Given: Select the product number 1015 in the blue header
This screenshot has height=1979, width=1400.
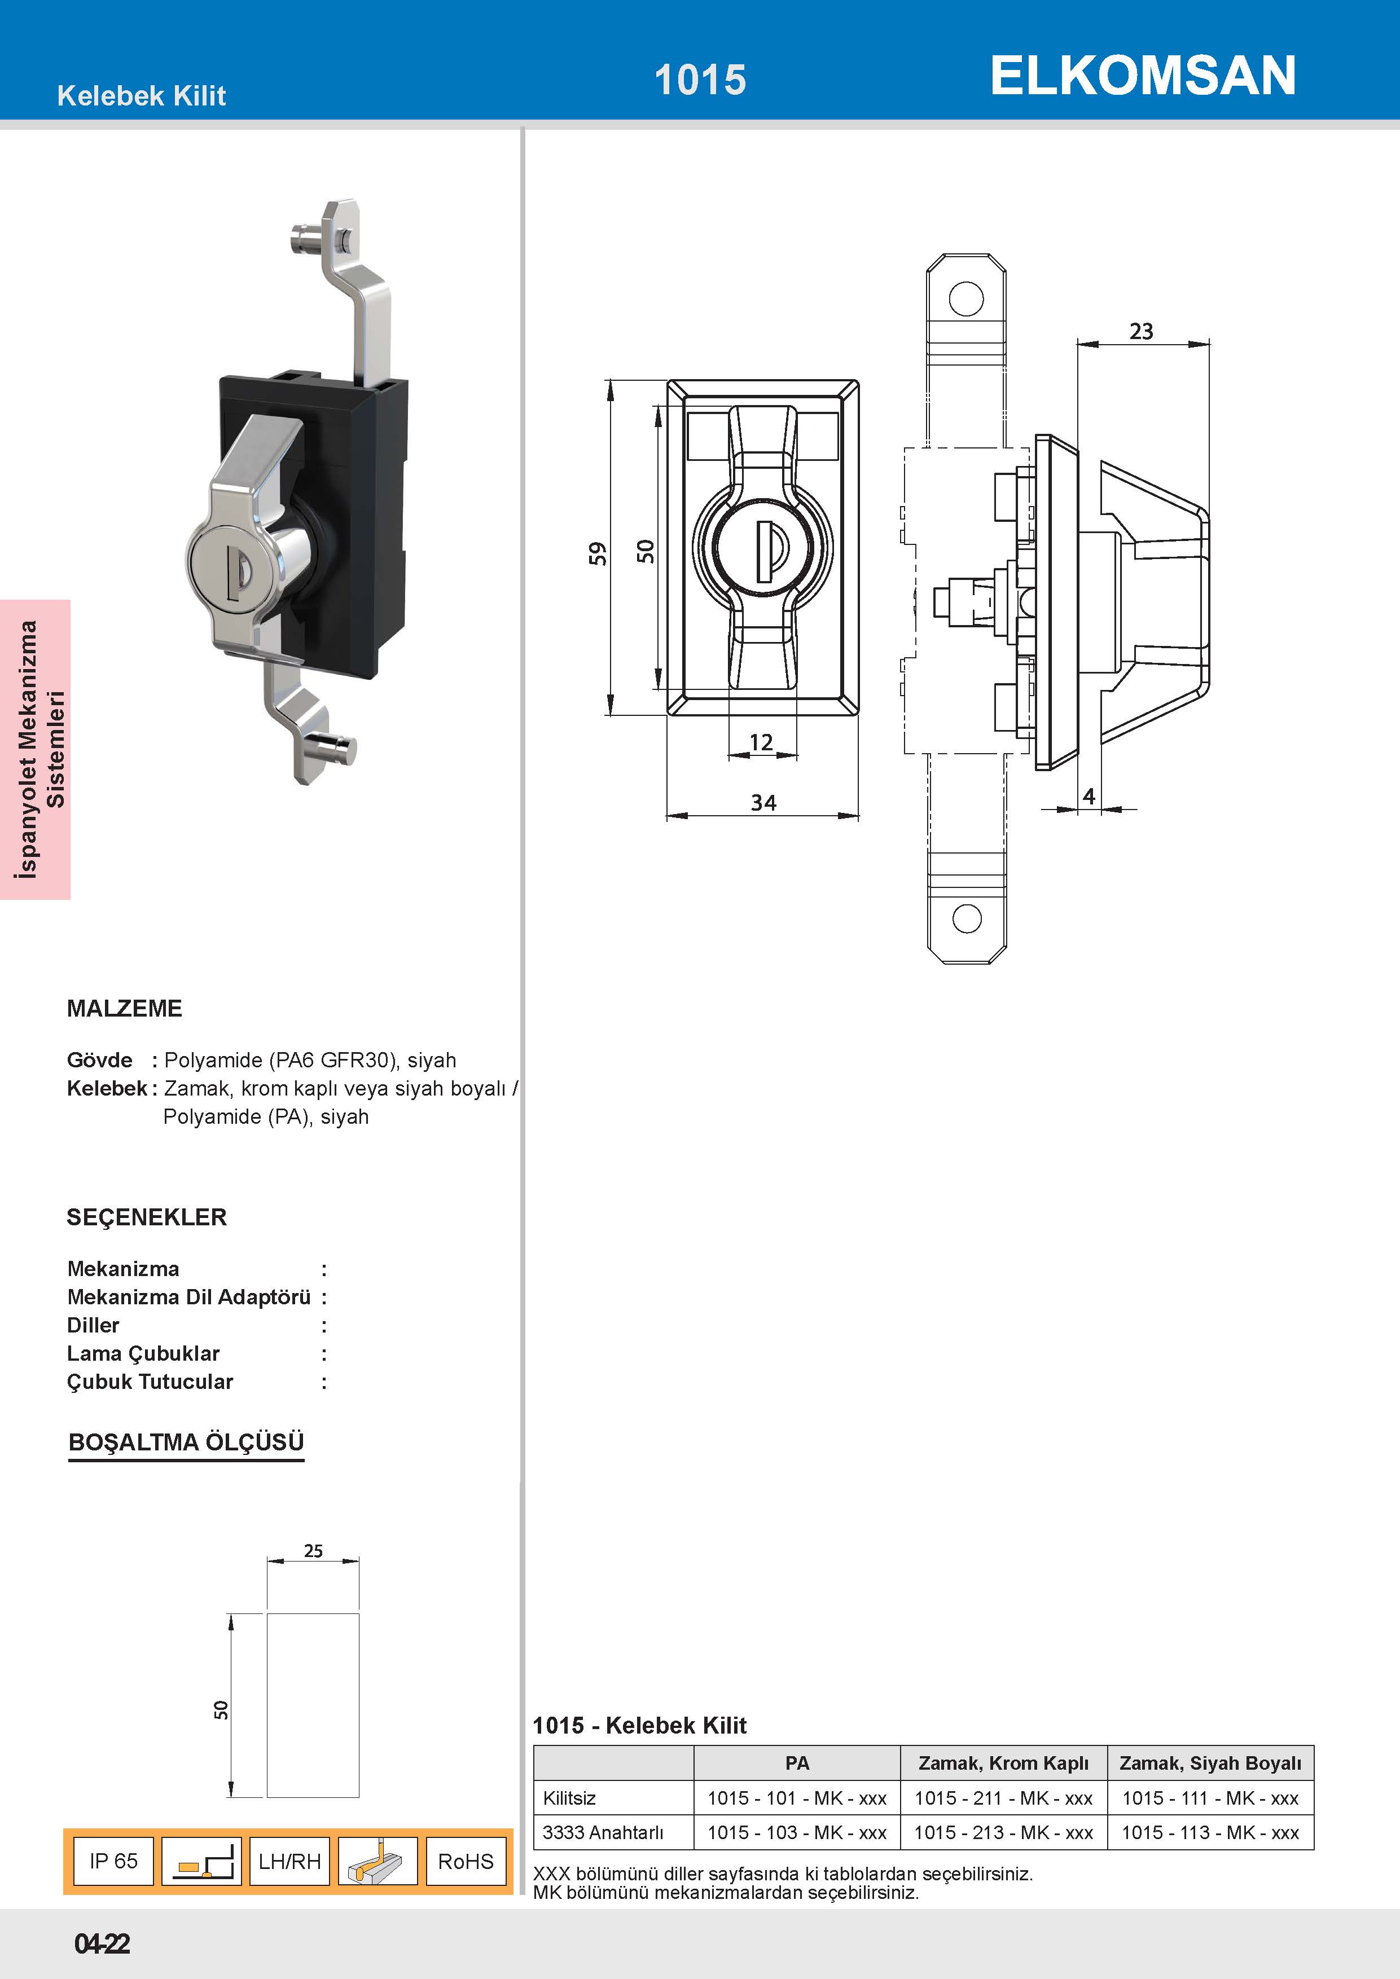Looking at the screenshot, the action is tap(700, 80).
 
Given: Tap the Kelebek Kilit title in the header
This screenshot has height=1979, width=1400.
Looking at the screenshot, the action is tap(142, 96).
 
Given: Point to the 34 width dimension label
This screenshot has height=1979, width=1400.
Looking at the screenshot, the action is tap(763, 802).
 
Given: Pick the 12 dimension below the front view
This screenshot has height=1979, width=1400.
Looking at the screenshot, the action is tap(761, 742).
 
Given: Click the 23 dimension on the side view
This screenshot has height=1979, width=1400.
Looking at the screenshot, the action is tap(1142, 331).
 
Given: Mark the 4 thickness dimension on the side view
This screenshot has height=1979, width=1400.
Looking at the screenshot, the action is tap(1089, 797).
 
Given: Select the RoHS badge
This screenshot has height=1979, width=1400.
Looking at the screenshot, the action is tap(466, 1861).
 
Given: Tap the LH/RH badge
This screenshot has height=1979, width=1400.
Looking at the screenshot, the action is tap(289, 1861).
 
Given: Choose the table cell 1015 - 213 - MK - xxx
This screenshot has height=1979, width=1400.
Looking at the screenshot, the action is tap(1003, 1832).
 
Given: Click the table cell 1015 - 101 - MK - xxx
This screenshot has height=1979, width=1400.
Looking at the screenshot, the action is tap(797, 1798).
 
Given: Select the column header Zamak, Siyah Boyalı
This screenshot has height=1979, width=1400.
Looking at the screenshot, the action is tap(1210, 1763).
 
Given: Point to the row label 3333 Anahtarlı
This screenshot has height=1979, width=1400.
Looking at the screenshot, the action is tap(603, 1832).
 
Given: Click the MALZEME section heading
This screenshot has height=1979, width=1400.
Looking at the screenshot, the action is tap(124, 1009).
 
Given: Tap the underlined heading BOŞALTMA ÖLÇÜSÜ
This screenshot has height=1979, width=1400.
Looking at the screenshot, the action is tap(186, 1442).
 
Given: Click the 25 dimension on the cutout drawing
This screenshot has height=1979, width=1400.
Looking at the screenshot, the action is tap(313, 1551).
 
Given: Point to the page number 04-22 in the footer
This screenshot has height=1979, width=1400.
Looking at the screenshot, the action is tap(102, 1943).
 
